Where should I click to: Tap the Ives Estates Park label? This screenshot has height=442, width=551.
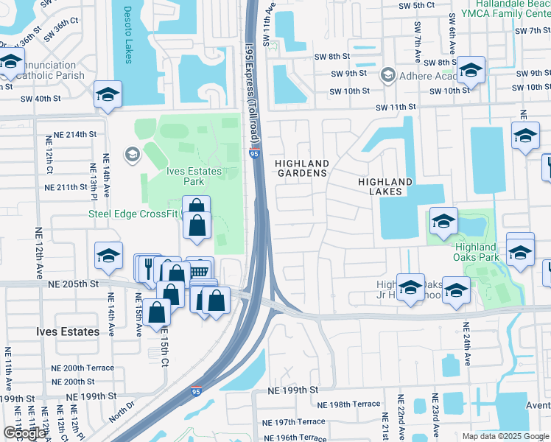(194, 176)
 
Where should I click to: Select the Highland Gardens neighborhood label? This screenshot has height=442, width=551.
(301, 168)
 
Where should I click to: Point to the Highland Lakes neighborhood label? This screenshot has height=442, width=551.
(385, 186)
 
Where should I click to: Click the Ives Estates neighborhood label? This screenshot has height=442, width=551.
(68, 331)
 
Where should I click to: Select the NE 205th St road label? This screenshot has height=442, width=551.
(73, 284)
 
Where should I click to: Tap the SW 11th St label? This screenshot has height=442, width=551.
(396, 107)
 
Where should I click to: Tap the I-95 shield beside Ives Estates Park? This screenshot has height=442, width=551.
(253, 154)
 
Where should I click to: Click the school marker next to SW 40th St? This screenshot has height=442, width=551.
(108, 94)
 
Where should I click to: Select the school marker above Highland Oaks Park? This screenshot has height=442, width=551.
(443, 221)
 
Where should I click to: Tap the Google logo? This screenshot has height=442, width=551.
(25, 433)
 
